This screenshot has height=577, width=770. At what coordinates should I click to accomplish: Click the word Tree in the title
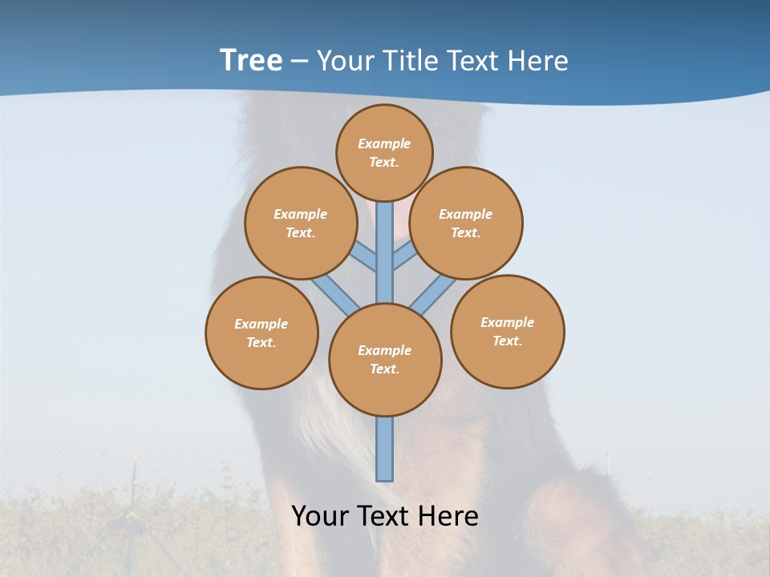(251, 60)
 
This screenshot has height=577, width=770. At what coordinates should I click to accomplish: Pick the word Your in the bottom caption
(318, 516)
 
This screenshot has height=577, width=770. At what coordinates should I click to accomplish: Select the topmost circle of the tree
(384, 152)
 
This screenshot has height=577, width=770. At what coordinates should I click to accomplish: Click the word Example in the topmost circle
(384, 143)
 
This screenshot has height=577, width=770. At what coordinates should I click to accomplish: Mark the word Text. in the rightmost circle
(507, 341)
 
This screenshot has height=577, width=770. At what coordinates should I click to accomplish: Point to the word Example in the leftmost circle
(261, 324)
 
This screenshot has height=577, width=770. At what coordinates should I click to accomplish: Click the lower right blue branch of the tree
(433, 294)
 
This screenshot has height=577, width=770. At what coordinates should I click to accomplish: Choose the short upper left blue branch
(365, 257)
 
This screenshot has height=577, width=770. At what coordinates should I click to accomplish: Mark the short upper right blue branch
(403, 256)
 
